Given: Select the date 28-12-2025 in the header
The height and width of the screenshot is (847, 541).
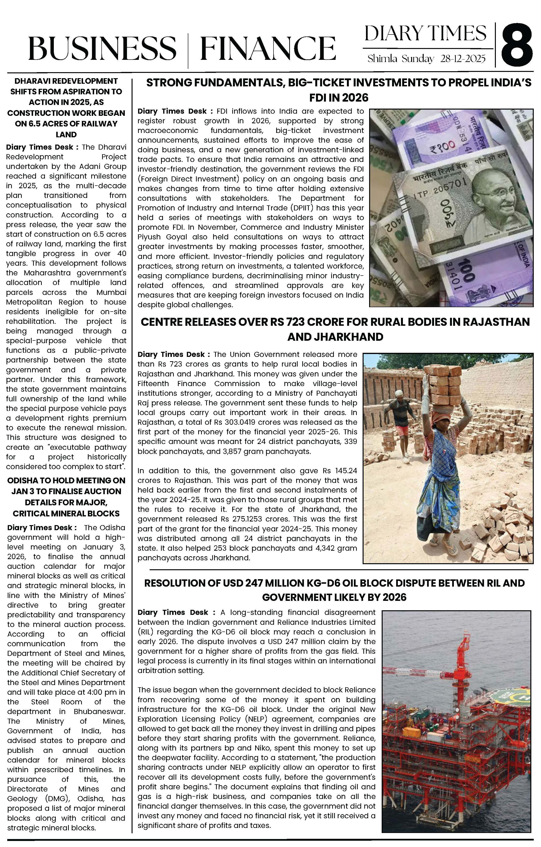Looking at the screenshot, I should [x=463, y=59].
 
